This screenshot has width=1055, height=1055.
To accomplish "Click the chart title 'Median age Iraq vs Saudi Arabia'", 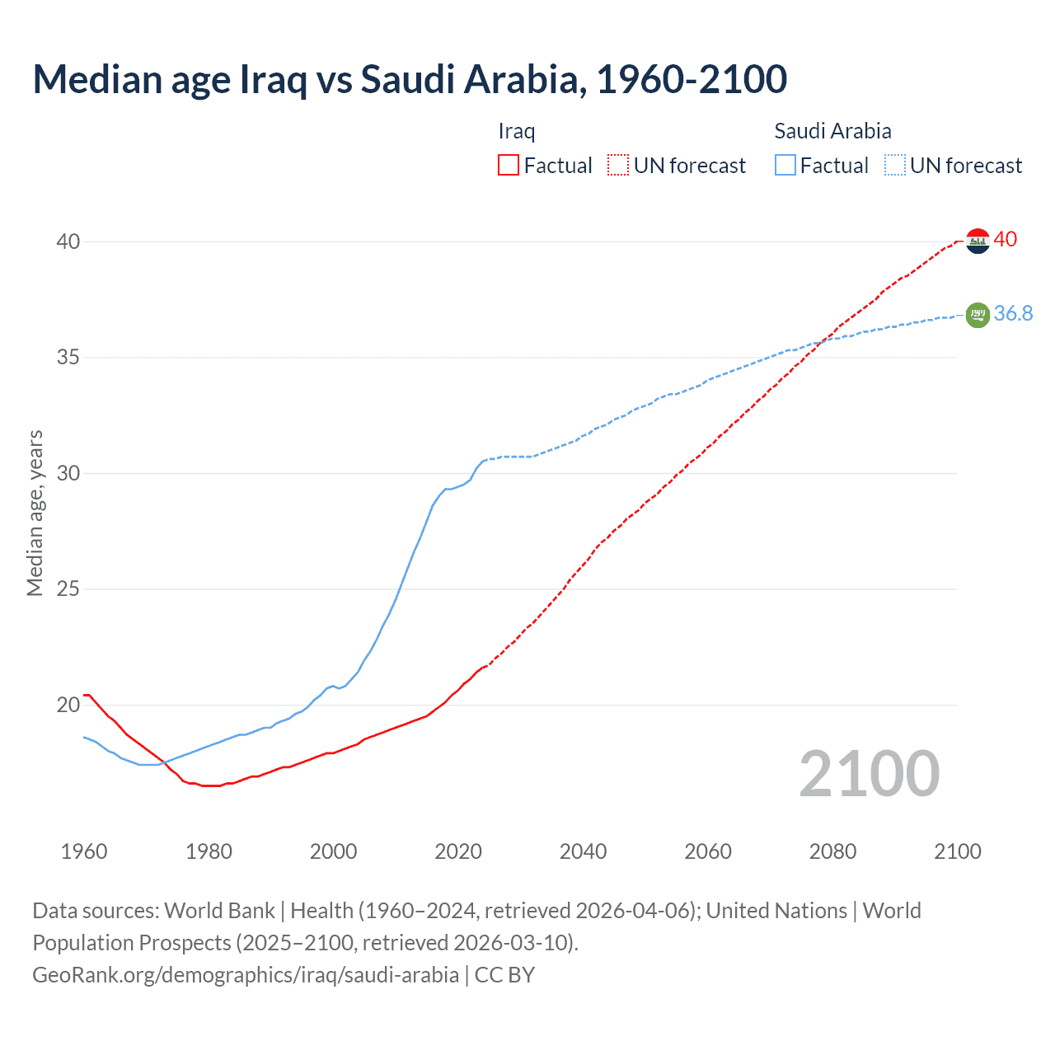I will coord(410,79).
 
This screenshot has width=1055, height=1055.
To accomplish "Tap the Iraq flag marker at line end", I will coord(977,241).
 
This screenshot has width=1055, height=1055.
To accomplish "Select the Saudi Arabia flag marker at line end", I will coord(977,315).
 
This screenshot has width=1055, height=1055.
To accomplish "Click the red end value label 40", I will coord(1006,240).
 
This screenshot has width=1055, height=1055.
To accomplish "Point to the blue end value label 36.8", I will coord(1013,314).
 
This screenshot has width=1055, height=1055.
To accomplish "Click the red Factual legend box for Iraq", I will coord(509,166).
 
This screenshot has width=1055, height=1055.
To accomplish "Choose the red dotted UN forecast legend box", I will coord(618,166).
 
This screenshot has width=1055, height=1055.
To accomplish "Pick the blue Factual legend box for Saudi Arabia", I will coord(785,166).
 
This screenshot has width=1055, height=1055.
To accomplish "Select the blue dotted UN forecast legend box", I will coord(895,166).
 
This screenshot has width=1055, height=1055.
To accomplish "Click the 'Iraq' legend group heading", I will coord(517,131).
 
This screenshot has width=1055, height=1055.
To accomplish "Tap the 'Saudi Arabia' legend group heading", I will coord(832,131).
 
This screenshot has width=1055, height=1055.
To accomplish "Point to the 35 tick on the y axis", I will coord(68,358).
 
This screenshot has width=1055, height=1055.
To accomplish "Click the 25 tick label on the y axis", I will coord(68,589).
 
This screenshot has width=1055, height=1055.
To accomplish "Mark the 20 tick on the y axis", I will coord(68,705).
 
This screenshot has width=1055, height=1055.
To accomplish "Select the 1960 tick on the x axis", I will coord(84,851).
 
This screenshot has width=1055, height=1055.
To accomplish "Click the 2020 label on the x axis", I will coord(458,851).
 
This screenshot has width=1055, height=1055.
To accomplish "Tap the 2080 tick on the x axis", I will coord(832,851).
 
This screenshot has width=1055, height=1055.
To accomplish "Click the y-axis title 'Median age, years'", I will coord(35,513).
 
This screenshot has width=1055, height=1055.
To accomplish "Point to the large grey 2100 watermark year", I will coord(869,774).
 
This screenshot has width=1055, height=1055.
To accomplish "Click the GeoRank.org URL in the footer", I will coord(246,975).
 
